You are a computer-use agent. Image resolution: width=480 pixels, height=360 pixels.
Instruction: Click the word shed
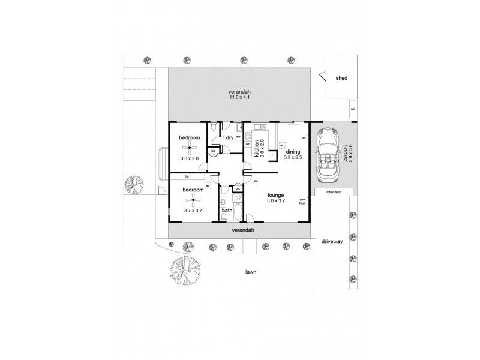pos(341,78)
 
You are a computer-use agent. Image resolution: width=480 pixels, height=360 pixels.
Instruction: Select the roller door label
pos(333,192)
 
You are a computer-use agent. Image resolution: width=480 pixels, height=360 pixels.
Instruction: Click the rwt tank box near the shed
pos(353,110)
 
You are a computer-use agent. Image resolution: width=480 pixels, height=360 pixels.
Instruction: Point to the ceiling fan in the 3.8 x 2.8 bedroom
pos(191,147)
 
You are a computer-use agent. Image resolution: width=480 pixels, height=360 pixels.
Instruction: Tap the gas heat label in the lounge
pos(303,201)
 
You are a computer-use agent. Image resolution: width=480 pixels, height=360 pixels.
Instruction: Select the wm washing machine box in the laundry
pos(238,137)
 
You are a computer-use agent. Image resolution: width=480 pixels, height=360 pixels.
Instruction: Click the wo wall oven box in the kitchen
pos(247,144)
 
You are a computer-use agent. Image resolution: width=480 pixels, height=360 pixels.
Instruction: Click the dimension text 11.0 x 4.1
pos(238,97)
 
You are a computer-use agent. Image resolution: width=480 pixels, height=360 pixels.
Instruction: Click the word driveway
pos(331,241)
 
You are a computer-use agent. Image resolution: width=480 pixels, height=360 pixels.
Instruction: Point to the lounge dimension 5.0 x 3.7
pos(275,200)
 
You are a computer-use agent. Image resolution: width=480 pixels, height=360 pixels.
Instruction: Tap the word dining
pos(292,151)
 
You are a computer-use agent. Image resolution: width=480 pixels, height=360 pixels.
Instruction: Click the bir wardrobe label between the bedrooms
pos(187,176)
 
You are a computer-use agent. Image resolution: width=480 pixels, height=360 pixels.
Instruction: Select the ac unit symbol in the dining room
pos(281,144)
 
